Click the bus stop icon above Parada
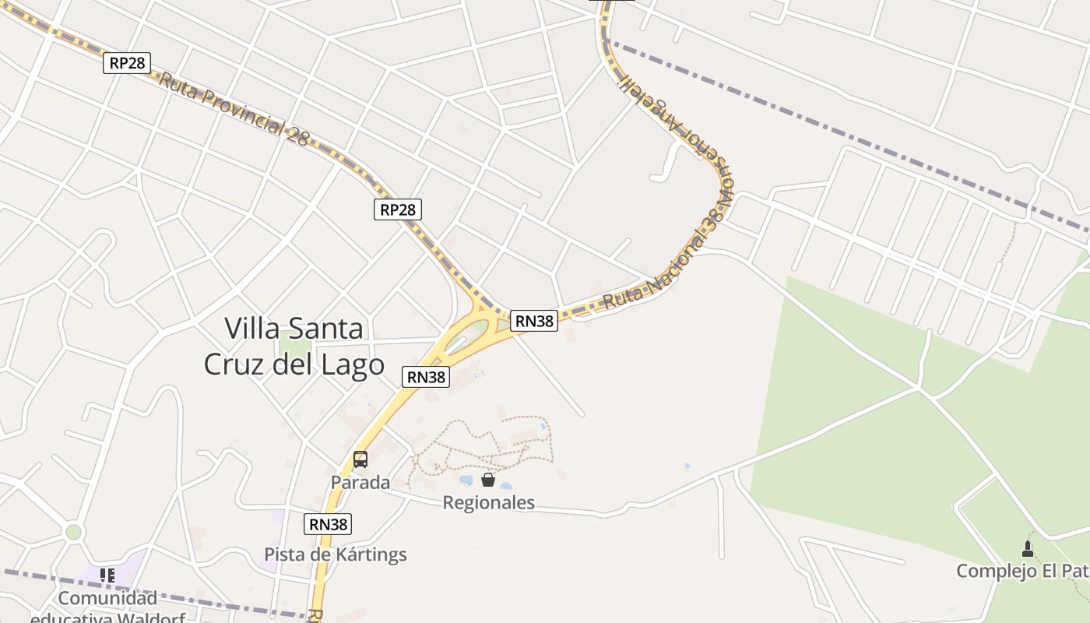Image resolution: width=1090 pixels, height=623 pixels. click(x=360, y=459)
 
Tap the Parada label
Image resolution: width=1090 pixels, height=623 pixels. click(x=360, y=482)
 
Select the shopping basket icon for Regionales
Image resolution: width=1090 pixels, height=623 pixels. click(x=488, y=480)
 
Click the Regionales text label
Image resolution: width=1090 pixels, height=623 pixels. click(x=488, y=503)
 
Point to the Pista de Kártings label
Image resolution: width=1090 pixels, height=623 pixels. click(x=336, y=554)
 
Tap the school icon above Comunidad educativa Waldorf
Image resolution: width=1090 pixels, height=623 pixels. click(x=107, y=575)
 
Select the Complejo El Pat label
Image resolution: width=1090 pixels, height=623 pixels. click(x=1022, y=571)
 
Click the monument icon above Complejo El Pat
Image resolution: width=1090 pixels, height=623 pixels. click(x=1028, y=548)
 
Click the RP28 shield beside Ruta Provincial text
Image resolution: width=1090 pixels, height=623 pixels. click(x=127, y=63)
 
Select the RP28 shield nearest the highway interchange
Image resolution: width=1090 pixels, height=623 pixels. click(x=398, y=209)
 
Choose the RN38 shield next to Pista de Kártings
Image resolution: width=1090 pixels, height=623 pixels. click(x=328, y=524)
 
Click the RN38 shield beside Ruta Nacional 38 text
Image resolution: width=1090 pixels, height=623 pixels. click(x=534, y=320)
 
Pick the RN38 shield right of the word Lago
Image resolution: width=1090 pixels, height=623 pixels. click(x=427, y=377)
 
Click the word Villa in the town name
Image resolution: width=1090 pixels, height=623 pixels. click(x=251, y=329)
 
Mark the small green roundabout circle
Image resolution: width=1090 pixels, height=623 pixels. click(x=73, y=532)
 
